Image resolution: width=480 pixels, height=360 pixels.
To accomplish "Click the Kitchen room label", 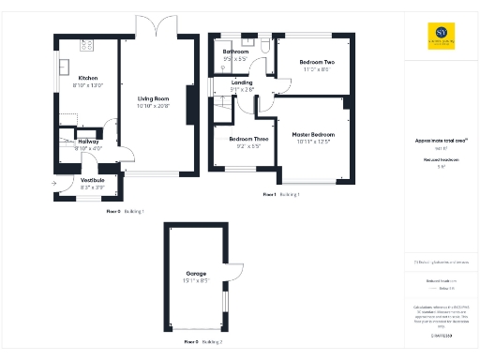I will pos(88,78).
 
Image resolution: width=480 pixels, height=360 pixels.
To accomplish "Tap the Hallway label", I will pos(89,142).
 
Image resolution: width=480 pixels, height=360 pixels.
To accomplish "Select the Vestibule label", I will pos(92,180).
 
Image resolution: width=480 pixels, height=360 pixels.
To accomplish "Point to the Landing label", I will pos(242,82).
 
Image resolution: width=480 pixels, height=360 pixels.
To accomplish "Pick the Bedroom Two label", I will pos(316,61).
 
